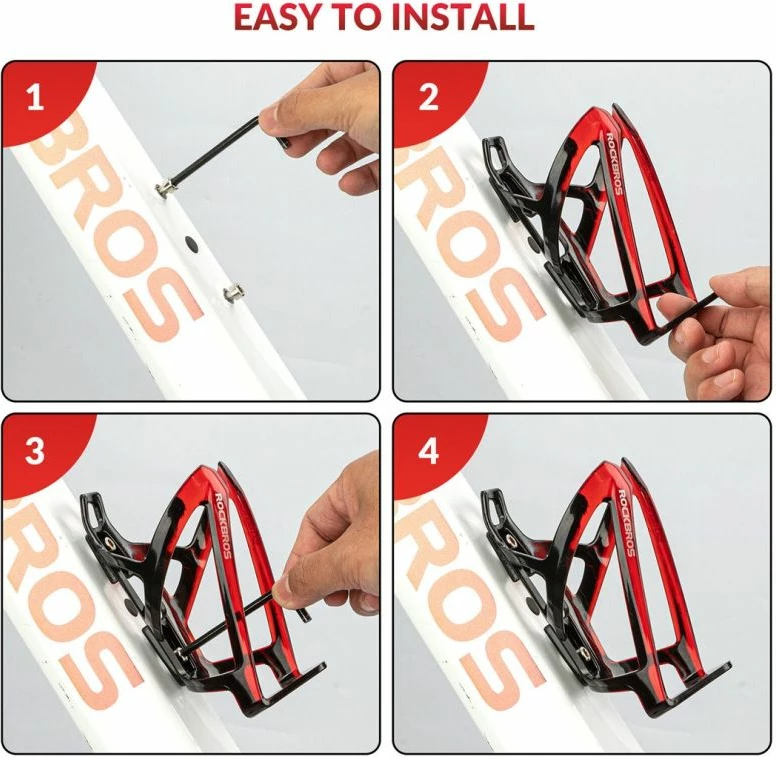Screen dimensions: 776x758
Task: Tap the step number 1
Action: click(35, 97)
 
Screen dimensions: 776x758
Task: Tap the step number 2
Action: click(428, 97)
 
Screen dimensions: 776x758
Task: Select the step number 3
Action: click(35, 451)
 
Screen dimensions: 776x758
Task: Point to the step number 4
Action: click(428, 451)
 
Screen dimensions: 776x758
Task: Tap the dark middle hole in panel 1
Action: click(191, 243)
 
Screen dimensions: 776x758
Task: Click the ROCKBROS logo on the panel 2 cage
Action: click(614, 164)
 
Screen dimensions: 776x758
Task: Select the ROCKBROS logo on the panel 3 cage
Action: click(223, 525)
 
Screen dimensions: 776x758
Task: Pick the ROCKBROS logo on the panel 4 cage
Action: click(627, 522)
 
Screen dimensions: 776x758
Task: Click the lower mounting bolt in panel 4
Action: click(584, 652)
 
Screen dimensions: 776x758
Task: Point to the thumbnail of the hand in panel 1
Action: click(271, 119)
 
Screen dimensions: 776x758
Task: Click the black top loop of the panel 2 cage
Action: click(496, 153)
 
